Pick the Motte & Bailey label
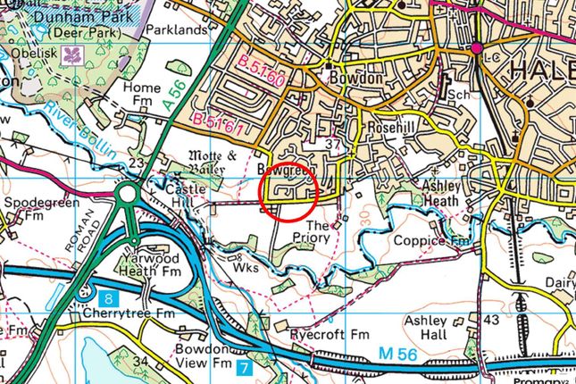pos(212,161)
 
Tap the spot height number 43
pos(490,319)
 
